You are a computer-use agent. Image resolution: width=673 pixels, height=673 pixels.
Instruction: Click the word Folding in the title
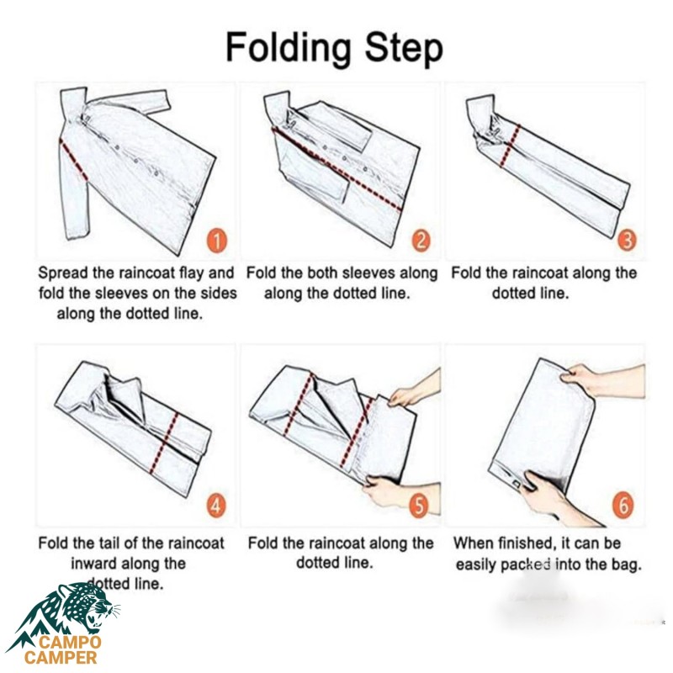(289, 49)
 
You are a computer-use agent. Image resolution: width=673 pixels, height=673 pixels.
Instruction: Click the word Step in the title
(404, 48)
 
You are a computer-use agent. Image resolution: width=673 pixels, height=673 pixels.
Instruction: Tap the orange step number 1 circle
(217, 241)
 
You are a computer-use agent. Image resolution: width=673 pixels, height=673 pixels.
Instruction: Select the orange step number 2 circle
(421, 241)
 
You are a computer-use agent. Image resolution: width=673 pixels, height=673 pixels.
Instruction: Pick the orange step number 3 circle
(627, 241)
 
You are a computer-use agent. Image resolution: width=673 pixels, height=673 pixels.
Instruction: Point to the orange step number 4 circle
(216, 506)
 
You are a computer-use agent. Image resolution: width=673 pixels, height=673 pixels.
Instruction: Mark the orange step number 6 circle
(623, 506)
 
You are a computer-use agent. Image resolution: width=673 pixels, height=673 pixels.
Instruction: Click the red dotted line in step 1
(74, 160)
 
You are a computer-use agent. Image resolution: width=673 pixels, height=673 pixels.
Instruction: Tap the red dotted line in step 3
(510, 146)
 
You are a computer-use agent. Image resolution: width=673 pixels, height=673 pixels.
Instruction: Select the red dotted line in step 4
(164, 443)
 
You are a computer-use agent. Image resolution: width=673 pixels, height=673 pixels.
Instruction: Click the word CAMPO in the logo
(70, 643)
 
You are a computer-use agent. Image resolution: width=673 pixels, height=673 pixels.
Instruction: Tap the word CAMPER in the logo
(61, 658)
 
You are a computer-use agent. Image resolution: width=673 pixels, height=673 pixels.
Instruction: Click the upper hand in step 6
(601, 380)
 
